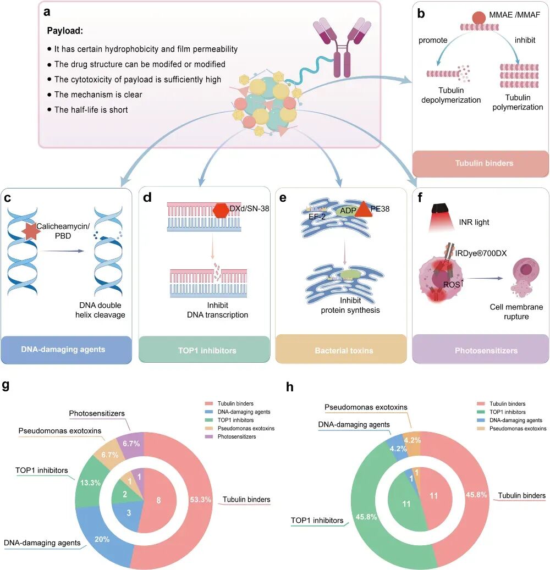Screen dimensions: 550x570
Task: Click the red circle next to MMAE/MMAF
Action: pos(479,18)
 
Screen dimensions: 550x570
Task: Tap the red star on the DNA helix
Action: pos(31,230)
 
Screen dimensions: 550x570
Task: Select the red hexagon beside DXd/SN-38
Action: pos(221,211)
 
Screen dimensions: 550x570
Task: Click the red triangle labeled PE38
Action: pos(363,209)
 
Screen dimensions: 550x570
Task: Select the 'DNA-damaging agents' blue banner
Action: pos(66,350)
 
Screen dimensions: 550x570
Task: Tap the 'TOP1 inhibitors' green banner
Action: pos(205,350)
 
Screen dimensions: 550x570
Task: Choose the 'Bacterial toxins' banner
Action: pos(341,350)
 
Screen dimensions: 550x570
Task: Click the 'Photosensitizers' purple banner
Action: pos(481,350)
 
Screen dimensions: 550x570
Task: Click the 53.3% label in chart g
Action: pos(200,500)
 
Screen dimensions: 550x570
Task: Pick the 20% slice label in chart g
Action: pos(102,539)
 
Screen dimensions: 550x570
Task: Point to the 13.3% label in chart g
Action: pos(91,483)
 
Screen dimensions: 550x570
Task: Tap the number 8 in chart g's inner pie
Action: pos(158,500)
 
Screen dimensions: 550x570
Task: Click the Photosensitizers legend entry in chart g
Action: pos(230,436)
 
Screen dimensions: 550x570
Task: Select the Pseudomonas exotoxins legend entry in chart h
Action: pos(512,429)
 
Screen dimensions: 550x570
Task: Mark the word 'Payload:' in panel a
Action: pos(65,31)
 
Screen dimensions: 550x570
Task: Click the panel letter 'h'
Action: pos(289,387)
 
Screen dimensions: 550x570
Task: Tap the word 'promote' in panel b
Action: pos(433,40)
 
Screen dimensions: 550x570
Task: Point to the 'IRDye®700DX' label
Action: pos(481,253)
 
